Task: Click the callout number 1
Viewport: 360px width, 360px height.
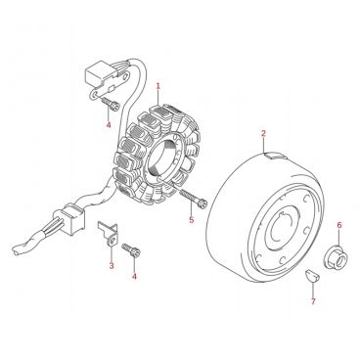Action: (x=158, y=86)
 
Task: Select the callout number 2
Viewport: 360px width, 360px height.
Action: (x=263, y=133)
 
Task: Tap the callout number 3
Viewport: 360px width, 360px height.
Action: (x=112, y=266)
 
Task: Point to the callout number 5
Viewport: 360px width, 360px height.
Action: (x=192, y=220)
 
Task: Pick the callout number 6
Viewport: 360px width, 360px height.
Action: (x=339, y=225)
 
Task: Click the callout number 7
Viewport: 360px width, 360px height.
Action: (x=313, y=301)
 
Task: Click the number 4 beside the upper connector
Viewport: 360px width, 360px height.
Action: (x=109, y=124)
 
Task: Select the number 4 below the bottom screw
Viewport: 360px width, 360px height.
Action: (x=134, y=277)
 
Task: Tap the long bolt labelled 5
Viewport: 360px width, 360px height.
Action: (x=193, y=198)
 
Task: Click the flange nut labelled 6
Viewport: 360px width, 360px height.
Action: (x=337, y=257)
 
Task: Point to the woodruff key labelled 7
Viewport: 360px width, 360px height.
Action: (x=310, y=275)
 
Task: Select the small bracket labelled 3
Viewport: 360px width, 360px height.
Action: (x=109, y=232)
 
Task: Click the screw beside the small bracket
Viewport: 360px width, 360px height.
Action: (x=131, y=250)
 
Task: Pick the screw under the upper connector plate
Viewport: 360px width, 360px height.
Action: (x=111, y=105)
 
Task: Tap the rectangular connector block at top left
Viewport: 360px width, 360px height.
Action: (x=98, y=74)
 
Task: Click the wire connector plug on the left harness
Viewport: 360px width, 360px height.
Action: (x=71, y=218)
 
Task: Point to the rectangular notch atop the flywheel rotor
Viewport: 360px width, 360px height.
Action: (x=276, y=156)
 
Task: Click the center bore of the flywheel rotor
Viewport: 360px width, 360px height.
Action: (x=280, y=228)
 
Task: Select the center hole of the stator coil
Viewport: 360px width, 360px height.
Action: (x=162, y=158)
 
